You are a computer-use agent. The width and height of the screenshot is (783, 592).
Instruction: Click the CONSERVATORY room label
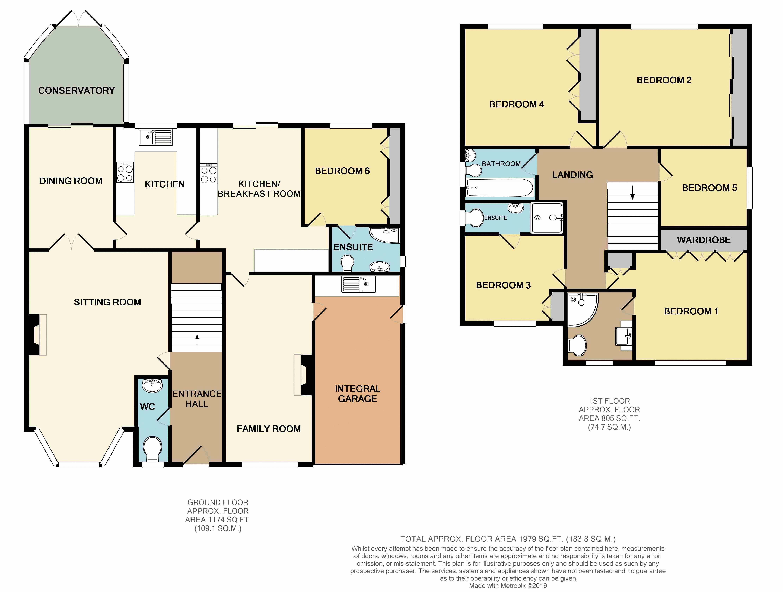(77, 91)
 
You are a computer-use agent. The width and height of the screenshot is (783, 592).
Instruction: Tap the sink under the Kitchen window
(156, 137)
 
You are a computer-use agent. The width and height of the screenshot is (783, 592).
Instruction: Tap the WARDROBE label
(704, 240)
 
